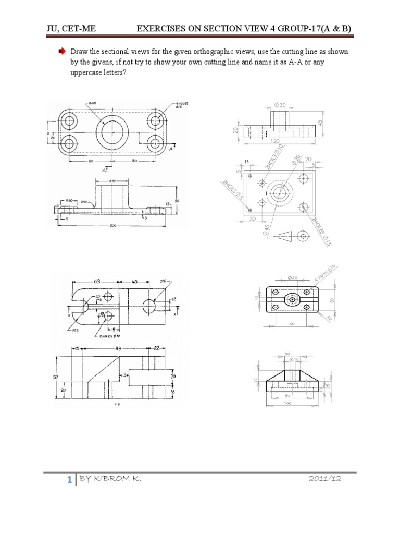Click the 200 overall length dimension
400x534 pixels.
(114, 225)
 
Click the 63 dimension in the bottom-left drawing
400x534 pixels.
(97, 282)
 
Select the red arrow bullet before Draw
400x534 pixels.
(60, 53)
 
